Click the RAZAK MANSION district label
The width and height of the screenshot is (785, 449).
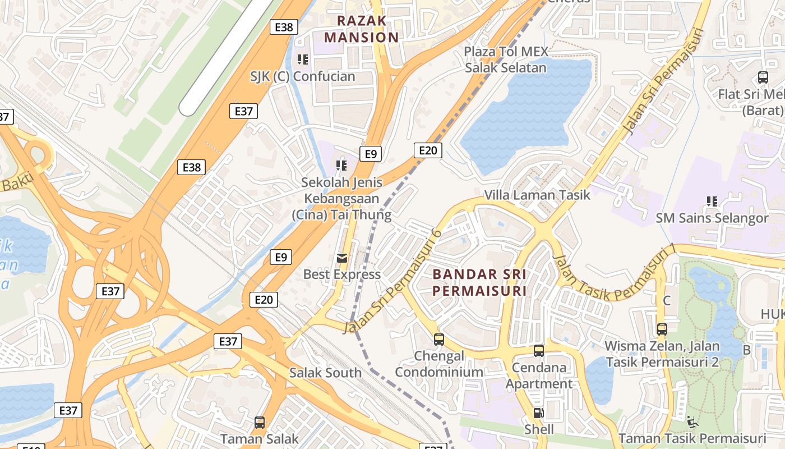click(362, 29)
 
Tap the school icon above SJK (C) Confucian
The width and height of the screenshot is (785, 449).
click(303, 59)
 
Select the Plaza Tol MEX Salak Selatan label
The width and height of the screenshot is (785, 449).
click(505, 60)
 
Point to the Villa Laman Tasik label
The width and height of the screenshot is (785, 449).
click(537, 195)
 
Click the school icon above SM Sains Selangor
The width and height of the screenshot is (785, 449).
click(712, 201)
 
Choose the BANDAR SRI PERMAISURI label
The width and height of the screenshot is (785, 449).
click(479, 283)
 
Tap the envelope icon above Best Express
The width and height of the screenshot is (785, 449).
click(341, 258)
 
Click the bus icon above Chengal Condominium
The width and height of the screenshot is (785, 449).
click(438, 339)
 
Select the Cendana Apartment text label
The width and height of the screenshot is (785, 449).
click(539, 376)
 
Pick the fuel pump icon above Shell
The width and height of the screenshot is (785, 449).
click(538, 413)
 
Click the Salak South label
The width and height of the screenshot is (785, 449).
click(325, 373)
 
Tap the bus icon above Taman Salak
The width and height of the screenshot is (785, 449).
click(259, 422)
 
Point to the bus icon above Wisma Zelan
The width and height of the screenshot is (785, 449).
click(662, 329)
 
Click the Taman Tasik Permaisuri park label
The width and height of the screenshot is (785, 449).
click(692, 439)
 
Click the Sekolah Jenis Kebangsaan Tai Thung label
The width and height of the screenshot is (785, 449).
click(341, 199)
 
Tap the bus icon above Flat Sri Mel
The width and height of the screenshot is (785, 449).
click(763, 77)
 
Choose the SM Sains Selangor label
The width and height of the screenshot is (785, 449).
click(712, 218)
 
